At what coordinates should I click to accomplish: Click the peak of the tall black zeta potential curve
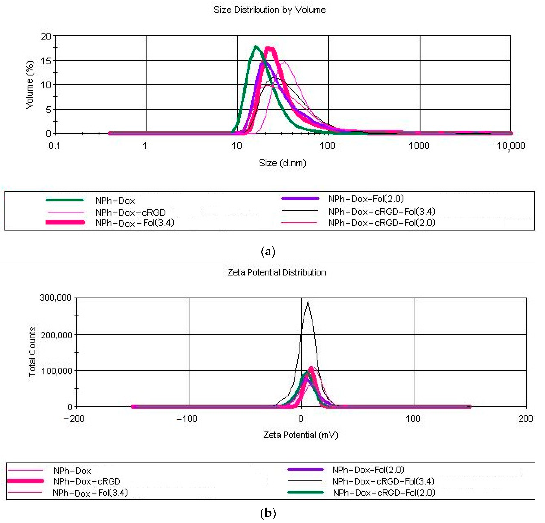[307, 302]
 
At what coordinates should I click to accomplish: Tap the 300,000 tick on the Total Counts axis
[56, 298]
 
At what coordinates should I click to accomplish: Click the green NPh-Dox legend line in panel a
[65, 200]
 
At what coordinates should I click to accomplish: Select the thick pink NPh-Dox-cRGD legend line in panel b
[25, 481]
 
